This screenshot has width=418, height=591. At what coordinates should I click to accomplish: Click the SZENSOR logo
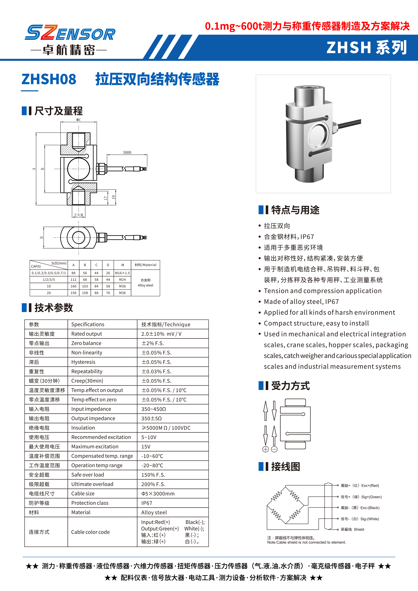(x=70, y=33)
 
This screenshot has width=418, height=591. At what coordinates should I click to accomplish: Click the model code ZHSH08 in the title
(x=49, y=79)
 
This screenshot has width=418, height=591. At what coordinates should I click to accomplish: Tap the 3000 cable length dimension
(x=127, y=152)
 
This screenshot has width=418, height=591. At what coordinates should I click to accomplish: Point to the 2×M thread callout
(x=79, y=215)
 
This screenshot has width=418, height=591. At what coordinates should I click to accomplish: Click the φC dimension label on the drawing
(x=79, y=120)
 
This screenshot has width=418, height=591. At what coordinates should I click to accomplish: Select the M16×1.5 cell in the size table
(x=123, y=273)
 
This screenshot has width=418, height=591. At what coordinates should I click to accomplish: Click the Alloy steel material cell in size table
(x=145, y=283)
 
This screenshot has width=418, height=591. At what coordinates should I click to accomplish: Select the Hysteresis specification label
(x=83, y=362)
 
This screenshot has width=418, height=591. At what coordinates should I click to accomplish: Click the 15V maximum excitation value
(x=146, y=447)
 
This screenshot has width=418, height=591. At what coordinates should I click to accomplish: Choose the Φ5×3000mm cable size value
(x=158, y=493)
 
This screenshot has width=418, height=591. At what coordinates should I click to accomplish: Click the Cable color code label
(x=90, y=532)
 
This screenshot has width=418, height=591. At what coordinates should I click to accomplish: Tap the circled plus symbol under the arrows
(x=265, y=449)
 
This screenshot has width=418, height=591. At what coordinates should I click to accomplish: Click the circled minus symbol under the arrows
(x=274, y=449)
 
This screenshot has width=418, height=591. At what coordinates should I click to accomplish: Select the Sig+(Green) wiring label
(x=371, y=497)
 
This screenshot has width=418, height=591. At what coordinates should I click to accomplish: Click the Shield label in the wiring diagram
(x=359, y=529)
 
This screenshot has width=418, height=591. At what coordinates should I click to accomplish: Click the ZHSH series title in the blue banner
(x=367, y=48)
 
